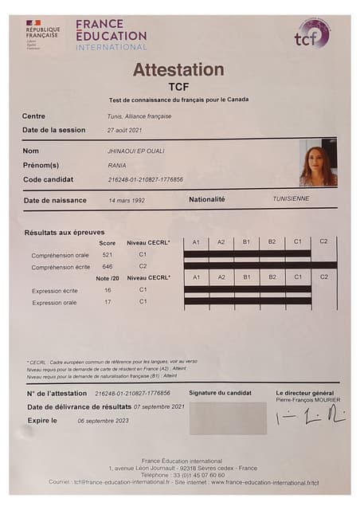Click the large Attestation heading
(x=178, y=69)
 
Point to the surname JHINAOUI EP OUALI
(x=137, y=151)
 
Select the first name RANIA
(x=117, y=165)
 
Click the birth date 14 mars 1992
(x=127, y=200)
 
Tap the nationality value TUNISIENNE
(x=291, y=198)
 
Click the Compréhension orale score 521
(x=108, y=254)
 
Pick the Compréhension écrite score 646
(x=108, y=266)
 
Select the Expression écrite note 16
(x=108, y=291)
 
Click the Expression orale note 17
(x=108, y=302)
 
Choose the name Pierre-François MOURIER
(x=307, y=400)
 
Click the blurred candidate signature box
(x=228, y=418)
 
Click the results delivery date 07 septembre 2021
(x=159, y=406)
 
